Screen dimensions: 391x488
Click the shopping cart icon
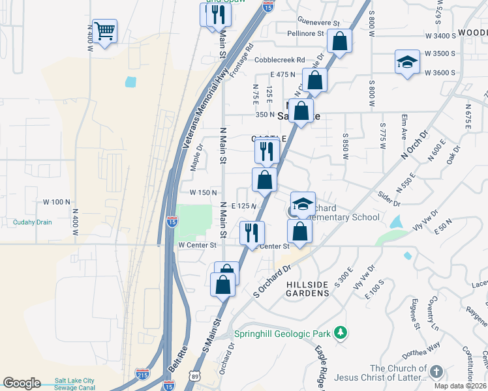point(104,30)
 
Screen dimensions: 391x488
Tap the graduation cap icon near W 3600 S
point(407,63)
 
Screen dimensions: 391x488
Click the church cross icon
point(436,371)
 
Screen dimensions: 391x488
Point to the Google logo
point(22,383)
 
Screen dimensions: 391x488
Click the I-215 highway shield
point(142,374)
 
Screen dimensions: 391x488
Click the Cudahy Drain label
point(32,222)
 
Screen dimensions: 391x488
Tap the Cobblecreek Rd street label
point(280,60)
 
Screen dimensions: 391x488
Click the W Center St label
point(197,246)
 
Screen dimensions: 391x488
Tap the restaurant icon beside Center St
point(251,232)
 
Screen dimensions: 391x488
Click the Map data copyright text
point(461,386)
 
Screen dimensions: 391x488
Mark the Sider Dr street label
point(388,199)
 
